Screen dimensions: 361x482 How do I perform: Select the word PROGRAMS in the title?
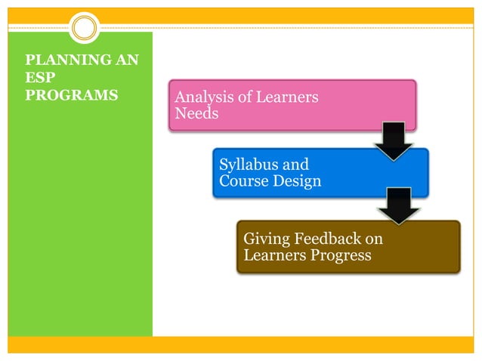pos(71,96)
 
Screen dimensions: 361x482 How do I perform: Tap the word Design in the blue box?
pos(298,181)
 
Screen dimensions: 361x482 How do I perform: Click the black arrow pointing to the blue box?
pos(394,140)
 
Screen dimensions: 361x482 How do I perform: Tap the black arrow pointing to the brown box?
pos(399,205)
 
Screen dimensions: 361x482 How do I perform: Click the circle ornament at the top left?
pos(85,28)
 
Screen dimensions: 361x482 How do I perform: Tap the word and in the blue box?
pos(295,165)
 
